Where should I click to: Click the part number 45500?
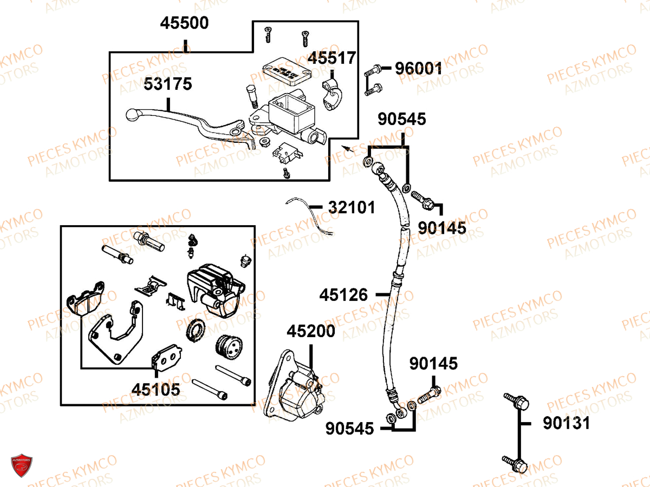pyautogui.click(x=184, y=24)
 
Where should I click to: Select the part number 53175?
pyautogui.click(x=168, y=84)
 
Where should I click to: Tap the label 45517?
pyautogui.click(x=332, y=58)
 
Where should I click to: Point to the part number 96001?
pyautogui.click(x=418, y=69)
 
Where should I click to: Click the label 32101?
pyautogui.click(x=351, y=207)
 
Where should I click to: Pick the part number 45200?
pyautogui.click(x=311, y=331)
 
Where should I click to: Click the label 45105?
pyautogui.click(x=156, y=389)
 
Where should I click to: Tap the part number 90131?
pyautogui.click(x=567, y=423)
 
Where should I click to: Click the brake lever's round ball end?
pyautogui.click(x=132, y=114)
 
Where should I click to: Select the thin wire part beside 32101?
pyautogui.click(x=311, y=214)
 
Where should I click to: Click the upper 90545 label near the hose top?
pyautogui.click(x=402, y=120)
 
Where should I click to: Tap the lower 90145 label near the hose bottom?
pyautogui.click(x=433, y=364)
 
